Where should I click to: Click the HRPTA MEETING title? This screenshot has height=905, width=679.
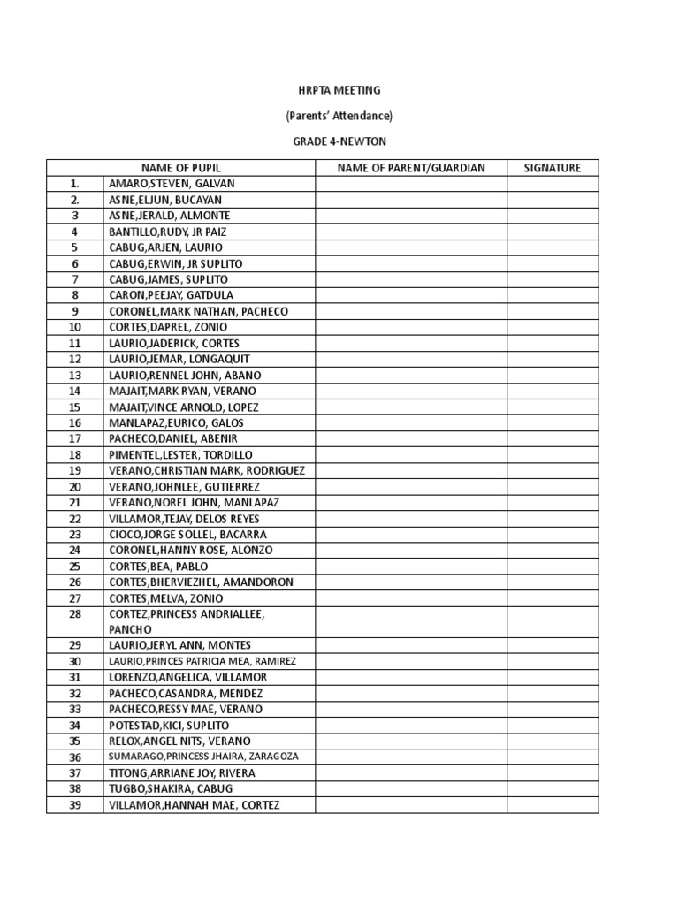(x=339, y=90)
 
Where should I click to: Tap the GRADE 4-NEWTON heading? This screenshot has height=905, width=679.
(x=339, y=141)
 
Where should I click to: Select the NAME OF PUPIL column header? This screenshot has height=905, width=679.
(x=181, y=168)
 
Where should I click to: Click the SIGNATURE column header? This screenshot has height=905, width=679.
(x=553, y=168)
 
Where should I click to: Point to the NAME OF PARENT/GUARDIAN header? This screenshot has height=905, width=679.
(x=411, y=168)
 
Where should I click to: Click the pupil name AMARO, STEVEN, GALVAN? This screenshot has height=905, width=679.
(x=172, y=184)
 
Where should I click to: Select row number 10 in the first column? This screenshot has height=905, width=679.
(x=75, y=327)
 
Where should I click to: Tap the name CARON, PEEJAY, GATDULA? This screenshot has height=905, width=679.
(x=172, y=295)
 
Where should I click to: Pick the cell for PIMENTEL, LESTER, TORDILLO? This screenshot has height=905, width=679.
(x=180, y=455)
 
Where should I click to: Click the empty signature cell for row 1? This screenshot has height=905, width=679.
(x=553, y=184)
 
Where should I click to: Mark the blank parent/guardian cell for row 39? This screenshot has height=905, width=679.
(x=411, y=805)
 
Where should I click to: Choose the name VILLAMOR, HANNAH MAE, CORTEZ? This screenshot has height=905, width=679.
(x=195, y=805)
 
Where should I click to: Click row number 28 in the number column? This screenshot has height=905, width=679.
(x=75, y=613)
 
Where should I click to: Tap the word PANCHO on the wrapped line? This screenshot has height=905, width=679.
(x=131, y=629)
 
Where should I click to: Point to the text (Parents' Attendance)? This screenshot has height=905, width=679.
(x=339, y=116)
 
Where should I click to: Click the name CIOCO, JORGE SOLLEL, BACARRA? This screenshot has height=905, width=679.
(x=187, y=535)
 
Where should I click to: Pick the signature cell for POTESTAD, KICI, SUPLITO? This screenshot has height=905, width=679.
(x=553, y=726)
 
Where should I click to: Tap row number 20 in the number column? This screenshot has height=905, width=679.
(x=75, y=487)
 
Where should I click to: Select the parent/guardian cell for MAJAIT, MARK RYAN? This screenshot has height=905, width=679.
(x=411, y=391)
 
